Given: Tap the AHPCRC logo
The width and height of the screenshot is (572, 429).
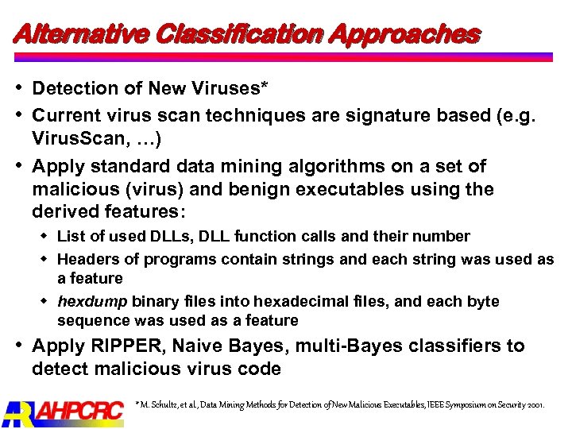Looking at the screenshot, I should coord(64,411).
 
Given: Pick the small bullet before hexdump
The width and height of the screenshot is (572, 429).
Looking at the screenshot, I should coord(45,301).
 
